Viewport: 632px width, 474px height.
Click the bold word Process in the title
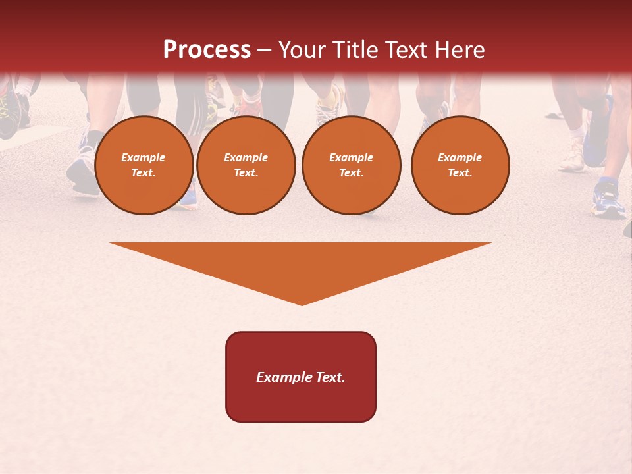pos(207,50)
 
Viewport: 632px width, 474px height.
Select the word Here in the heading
pos(460,50)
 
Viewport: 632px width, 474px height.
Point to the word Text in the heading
pos(409,50)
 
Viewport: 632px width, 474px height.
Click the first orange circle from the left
pos(144,165)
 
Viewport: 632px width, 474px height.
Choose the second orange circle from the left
pos(246,165)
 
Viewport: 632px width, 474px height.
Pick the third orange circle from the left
pos(351,165)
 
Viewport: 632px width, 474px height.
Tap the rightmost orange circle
pos(460,165)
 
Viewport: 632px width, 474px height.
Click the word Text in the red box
pos(330,377)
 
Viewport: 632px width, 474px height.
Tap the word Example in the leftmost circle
pos(144,157)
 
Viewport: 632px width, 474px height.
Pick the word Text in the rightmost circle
pos(460,173)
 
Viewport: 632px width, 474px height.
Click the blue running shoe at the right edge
pos(608,201)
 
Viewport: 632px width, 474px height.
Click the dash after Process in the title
pos(264,50)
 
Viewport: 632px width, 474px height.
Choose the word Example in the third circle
pos(351,157)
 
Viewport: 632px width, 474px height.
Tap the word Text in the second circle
pos(246,173)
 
